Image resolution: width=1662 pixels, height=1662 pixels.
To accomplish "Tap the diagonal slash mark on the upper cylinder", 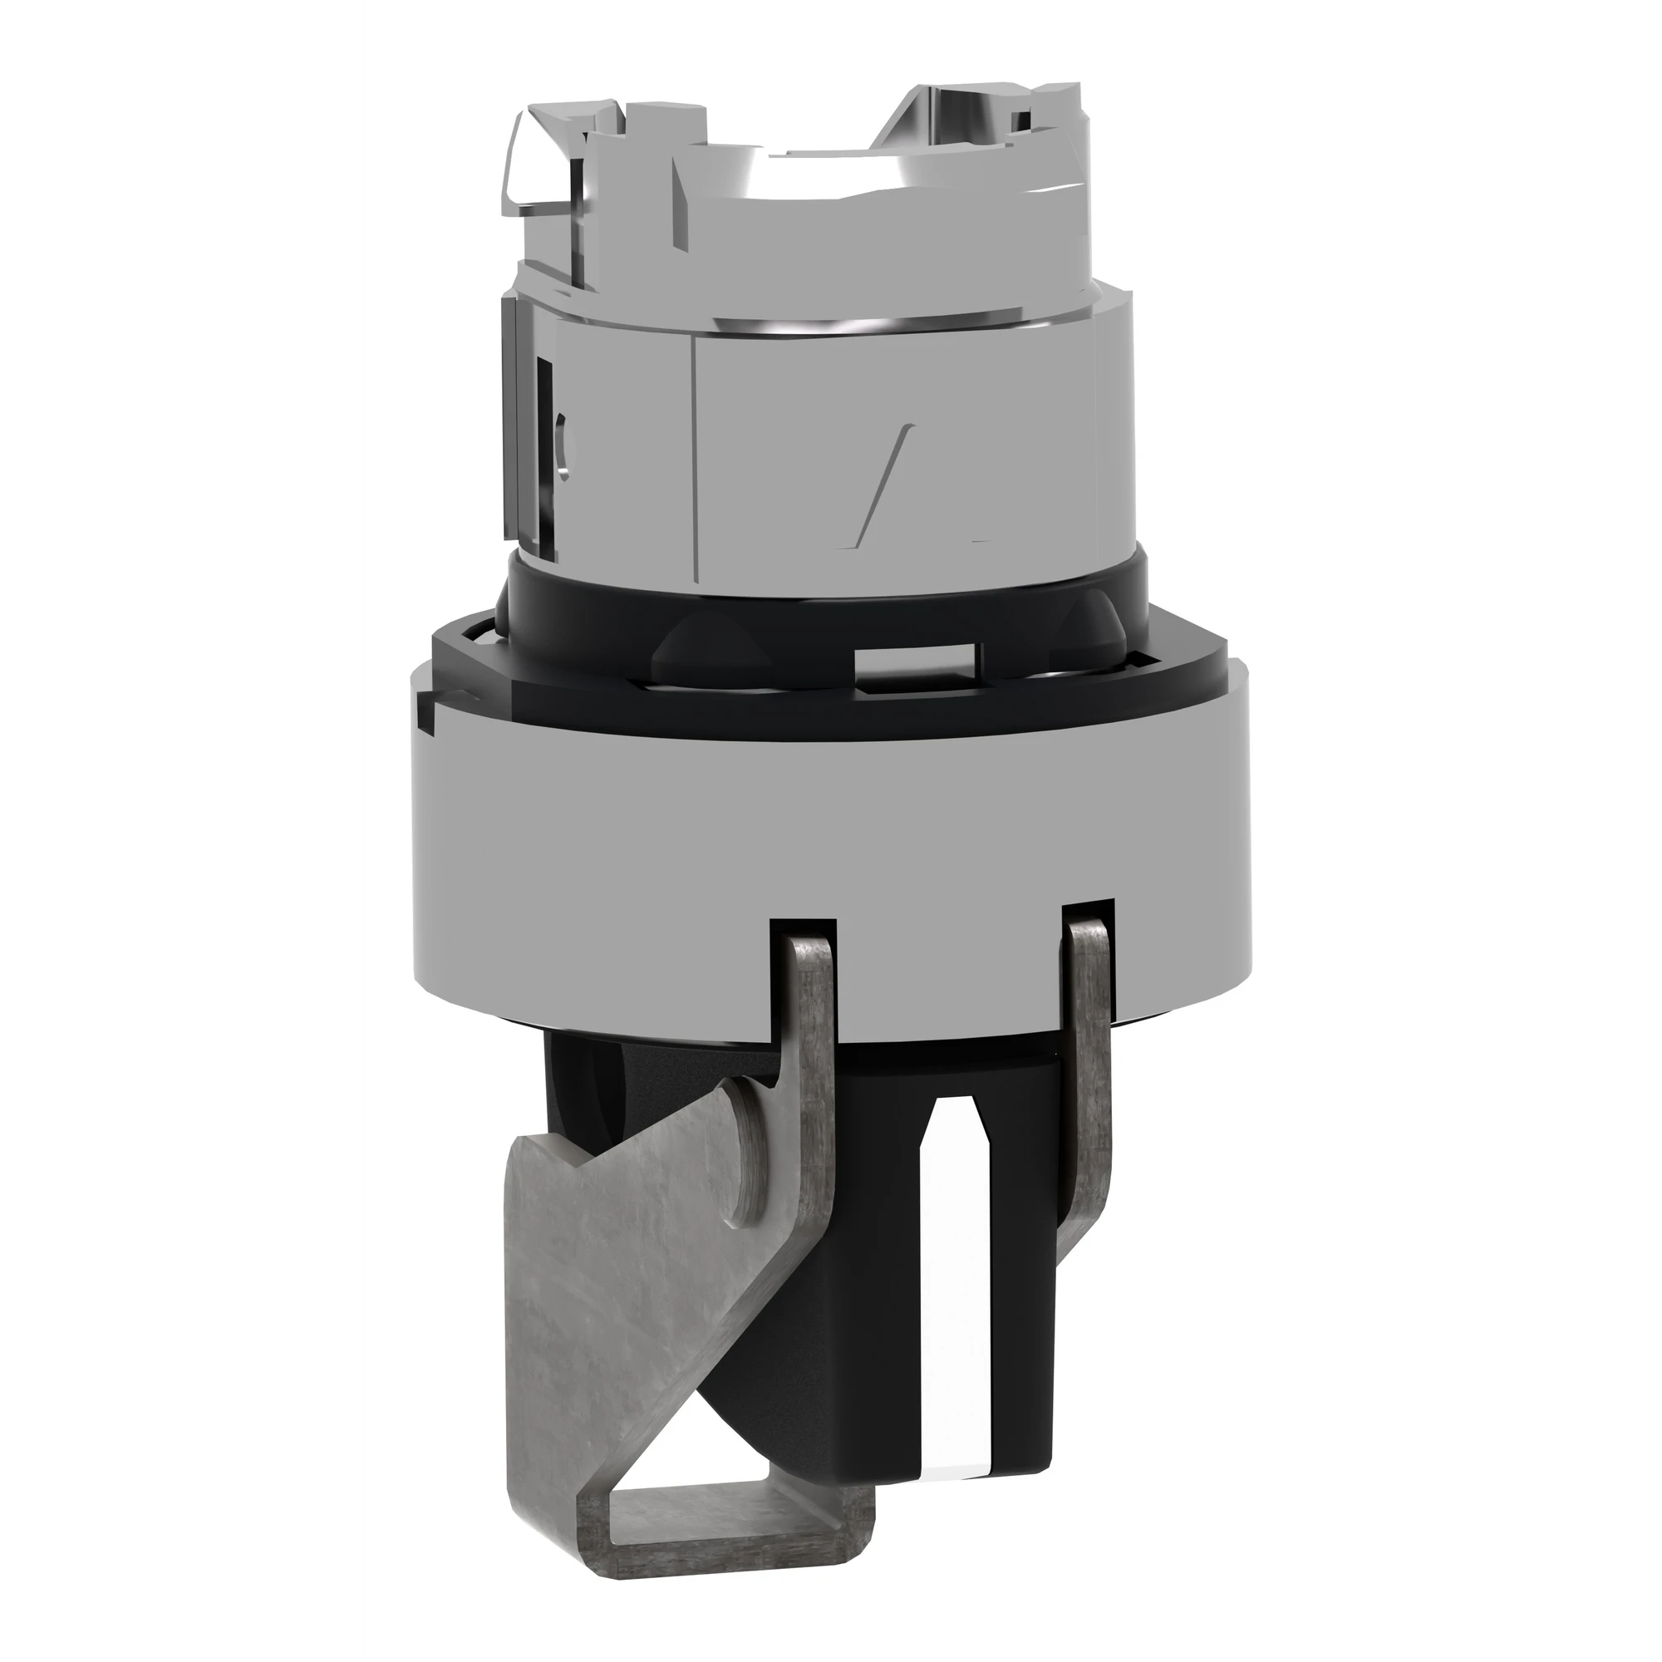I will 878,482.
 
